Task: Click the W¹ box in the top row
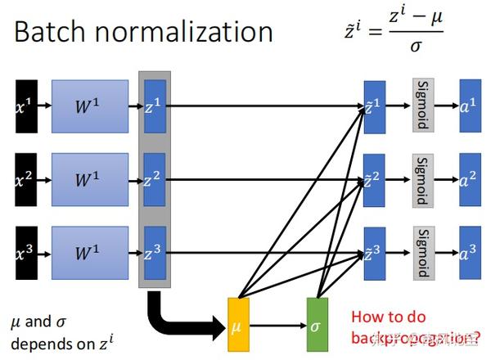(x=90, y=106)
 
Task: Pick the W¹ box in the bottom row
(x=90, y=254)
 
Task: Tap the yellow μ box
(x=238, y=325)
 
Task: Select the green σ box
(x=317, y=325)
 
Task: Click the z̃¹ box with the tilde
(x=374, y=106)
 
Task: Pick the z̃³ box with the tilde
(x=374, y=254)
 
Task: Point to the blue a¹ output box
(x=470, y=106)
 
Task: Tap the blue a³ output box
(x=470, y=254)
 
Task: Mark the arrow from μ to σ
(x=278, y=325)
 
